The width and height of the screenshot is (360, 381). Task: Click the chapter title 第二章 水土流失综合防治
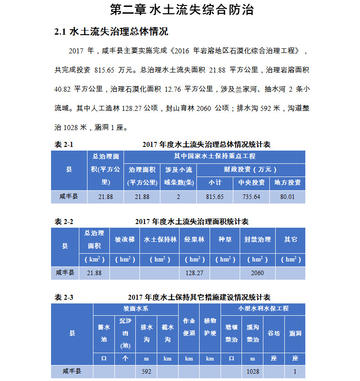coord(182,10)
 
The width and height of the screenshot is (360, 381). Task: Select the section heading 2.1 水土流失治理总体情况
coord(111,32)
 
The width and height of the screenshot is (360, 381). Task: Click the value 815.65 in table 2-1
coord(215,197)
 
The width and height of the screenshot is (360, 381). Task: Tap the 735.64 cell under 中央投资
coord(251,197)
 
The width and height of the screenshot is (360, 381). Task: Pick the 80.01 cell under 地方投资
coord(288,197)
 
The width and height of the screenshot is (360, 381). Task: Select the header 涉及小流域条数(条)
coord(179,176)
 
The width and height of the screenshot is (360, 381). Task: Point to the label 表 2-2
coord(64,222)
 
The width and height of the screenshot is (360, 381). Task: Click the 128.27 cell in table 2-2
coord(195,273)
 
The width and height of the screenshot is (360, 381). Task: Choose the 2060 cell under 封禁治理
coord(257,273)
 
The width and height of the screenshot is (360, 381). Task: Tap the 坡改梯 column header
coord(124,240)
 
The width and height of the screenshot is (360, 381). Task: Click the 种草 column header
coord(225,240)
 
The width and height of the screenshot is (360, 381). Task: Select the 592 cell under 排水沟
coord(146,371)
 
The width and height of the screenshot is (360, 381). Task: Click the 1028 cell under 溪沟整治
coord(253,371)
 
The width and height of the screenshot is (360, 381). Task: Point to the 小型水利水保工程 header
coord(263,308)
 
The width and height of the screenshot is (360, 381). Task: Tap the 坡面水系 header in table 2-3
coord(136,308)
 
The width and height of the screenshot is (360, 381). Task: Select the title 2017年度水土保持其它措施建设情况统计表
coord(199,297)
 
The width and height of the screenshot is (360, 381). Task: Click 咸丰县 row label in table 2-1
coord(69,197)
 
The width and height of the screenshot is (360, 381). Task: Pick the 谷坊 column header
coord(274,333)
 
